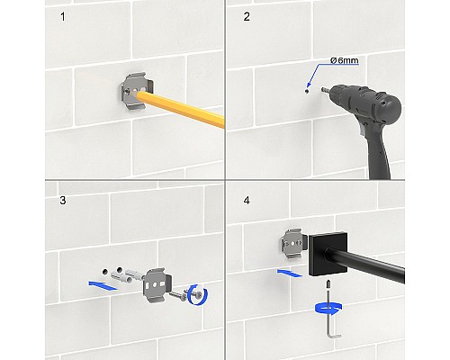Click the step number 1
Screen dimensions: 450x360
pos(63,17)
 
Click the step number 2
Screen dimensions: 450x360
pos(247,17)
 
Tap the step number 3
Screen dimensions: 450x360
pos(63,201)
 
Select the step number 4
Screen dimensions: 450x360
pos(247,201)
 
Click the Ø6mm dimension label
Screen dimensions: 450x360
pos(344,60)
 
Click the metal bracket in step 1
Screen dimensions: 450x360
pos(137,91)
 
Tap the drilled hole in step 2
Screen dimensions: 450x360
pos(306,91)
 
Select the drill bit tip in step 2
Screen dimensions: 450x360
pos(322,90)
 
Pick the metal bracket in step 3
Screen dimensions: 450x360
pos(158,285)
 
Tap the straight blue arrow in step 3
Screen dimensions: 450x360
pos(103,285)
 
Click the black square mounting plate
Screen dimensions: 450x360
pos(328,254)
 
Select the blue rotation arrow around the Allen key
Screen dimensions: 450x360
pos(328,309)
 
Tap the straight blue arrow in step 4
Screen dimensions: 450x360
pos(290,273)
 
